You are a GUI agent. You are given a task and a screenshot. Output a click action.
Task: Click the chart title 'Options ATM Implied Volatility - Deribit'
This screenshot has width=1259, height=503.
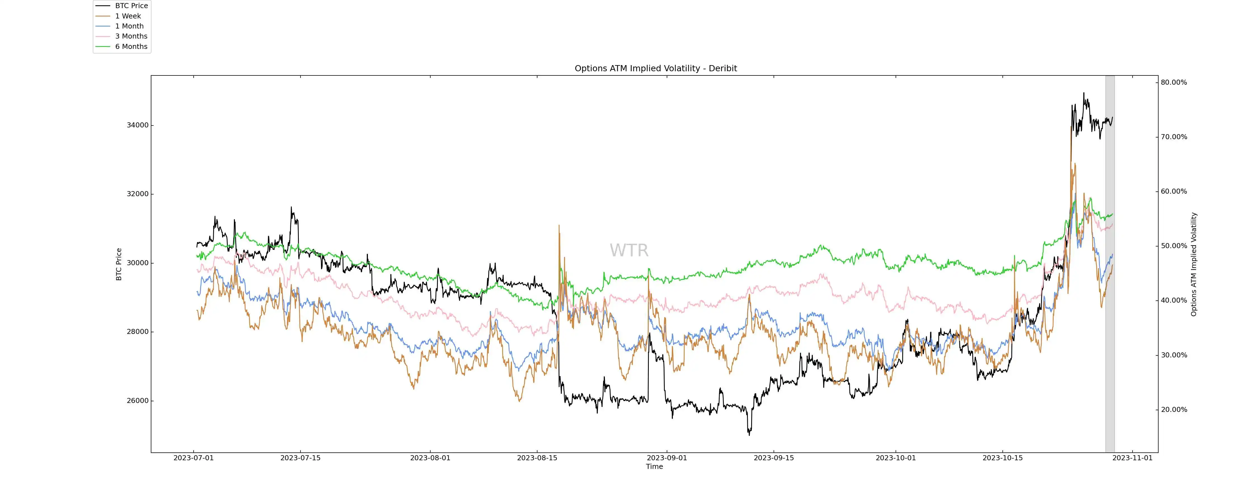(x=656, y=68)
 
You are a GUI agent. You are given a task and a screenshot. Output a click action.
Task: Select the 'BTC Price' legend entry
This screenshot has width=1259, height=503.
(x=131, y=6)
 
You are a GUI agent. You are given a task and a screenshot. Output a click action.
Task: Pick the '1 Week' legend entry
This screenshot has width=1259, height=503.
(x=128, y=16)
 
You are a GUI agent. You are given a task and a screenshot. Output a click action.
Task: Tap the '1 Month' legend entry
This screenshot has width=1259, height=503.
(x=129, y=26)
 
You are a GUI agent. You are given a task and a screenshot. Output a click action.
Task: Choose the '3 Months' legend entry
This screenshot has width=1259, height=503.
(x=131, y=36)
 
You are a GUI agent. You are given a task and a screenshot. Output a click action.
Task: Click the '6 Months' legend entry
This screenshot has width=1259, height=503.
(x=131, y=46)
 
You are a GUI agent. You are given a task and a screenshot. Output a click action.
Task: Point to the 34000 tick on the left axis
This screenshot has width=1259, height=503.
(x=137, y=125)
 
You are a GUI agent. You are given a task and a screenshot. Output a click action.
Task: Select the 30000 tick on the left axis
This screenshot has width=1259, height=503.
(x=137, y=263)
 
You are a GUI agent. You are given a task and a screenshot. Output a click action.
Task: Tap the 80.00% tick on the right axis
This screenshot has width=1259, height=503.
(x=1173, y=82)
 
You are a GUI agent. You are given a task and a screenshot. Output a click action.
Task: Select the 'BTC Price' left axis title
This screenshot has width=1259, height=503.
(x=119, y=264)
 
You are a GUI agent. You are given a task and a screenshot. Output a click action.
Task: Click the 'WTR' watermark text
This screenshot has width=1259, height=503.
(x=629, y=251)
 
